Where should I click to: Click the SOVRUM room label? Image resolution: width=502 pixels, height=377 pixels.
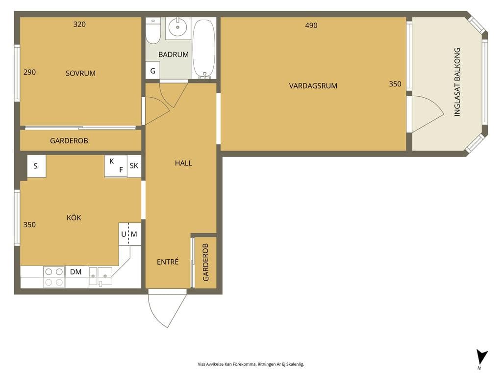(80, 74)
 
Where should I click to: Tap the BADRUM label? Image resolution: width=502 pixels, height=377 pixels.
(173, 54)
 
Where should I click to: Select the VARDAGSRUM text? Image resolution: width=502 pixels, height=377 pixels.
(313, 86)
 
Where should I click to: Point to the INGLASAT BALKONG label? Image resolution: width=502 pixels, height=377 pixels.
(457, 82)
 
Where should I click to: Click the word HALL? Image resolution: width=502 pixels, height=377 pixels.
(183, 163)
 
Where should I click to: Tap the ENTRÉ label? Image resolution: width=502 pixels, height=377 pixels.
(168, 262)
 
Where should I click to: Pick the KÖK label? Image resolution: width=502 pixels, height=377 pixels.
(74, 217)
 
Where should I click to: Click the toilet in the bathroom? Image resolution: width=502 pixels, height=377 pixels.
(153, 31)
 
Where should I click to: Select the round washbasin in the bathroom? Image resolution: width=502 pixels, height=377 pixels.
(177, 27)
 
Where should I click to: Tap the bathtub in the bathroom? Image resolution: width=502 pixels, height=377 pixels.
(204, 49)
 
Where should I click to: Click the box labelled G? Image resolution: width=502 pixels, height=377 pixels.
(153, 71)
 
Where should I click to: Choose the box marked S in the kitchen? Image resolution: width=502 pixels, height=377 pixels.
(36, 166)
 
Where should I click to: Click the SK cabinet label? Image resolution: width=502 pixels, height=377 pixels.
(134, 166)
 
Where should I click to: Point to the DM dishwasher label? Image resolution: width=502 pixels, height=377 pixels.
(75, 272)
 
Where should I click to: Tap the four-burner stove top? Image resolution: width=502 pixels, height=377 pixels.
(54, 277)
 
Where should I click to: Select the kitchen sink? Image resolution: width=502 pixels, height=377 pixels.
(100, 276)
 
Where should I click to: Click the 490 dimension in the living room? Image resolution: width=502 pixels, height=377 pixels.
(311, 26)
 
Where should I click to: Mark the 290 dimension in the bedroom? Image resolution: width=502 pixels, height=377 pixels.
(29, 73)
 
